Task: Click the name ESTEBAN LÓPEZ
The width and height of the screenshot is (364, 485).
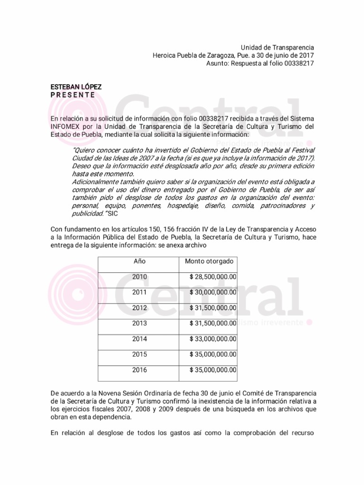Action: coord(76,87)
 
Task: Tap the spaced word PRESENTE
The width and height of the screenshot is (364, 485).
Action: coord(73,95)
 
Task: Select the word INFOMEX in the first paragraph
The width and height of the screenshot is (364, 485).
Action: coord(66,126)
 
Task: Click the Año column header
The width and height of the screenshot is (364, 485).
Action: coord(139,261)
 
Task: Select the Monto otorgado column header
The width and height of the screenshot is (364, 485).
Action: coord(209,261)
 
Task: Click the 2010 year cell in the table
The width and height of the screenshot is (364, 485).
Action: coord(140,277)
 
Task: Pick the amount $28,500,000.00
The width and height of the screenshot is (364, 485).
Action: coord(213,277)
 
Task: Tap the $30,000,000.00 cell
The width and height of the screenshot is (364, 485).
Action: coord(213,292)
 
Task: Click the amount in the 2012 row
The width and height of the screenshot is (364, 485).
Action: coord(213,308)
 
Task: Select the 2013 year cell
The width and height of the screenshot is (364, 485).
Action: coord(140,323)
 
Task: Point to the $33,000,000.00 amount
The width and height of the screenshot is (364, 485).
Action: coord(213,339)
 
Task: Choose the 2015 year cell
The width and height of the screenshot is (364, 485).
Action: coord(140,354)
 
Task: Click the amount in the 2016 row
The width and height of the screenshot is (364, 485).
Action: coord(213,370)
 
